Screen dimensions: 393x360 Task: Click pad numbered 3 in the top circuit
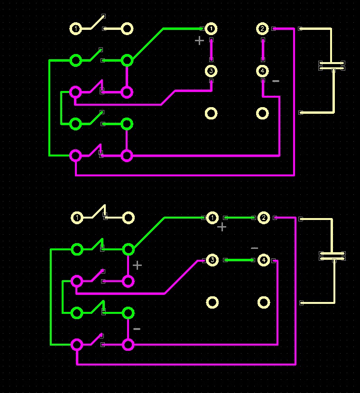click(211, 71)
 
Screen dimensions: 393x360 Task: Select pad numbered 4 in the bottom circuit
click(264, 260)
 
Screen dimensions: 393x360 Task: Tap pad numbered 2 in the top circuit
click(262, 29)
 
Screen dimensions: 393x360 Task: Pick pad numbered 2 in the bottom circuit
click(264, 218)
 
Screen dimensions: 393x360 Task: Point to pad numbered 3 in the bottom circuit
click(212, 260)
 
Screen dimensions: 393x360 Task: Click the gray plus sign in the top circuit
click(200, 41)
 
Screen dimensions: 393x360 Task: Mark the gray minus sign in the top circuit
click(276, 82)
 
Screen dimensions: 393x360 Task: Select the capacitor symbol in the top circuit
click(332, 65)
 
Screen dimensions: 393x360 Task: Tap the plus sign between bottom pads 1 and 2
click(222, 227)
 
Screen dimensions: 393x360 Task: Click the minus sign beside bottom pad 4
click(254, 248)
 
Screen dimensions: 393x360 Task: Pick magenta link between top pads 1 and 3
click(211, 50)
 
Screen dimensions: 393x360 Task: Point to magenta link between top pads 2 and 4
click(263, 50)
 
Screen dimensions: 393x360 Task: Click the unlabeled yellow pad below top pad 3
click(211, 113)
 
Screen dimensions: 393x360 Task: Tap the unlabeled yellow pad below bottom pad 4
click(264, 302)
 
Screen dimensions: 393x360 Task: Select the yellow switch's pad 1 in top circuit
click(75, 29)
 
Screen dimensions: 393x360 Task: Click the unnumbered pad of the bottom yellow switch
click(129, 218)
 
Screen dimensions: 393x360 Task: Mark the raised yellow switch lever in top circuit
click(98, 22)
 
